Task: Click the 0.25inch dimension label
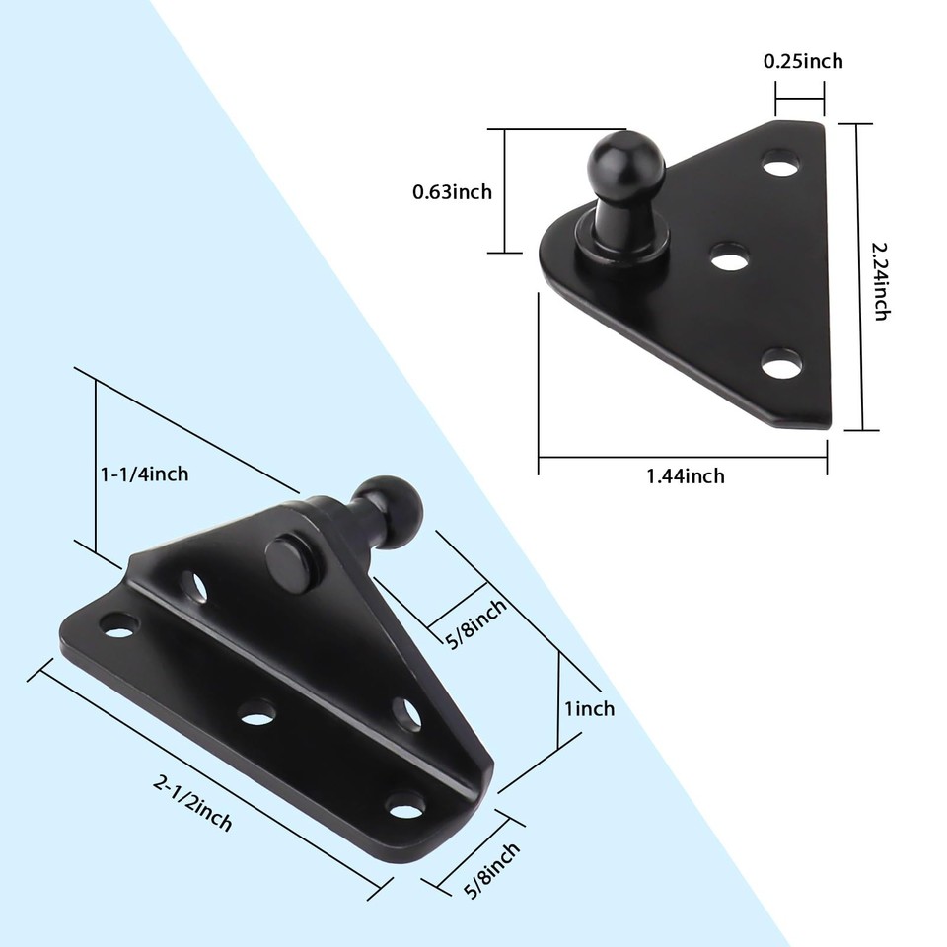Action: (x=803, y=61)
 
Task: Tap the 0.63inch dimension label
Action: (x=452, y=192)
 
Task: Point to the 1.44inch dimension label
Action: (x=686, y=476)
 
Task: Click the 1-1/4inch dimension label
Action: (x=144, y=474)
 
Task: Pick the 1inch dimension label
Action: (x=590, y=708)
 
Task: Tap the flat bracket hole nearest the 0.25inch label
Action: (x=780, y=163)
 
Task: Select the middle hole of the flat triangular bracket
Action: (x=729, y=258)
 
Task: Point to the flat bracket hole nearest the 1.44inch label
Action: (x=780, y=364)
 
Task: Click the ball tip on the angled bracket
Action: (x=390, y=506)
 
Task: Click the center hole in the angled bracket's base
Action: (x=257, y=710)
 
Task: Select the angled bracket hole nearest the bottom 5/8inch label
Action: (x=405, y=805)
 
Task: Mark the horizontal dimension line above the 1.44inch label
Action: (x=683, y=457)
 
